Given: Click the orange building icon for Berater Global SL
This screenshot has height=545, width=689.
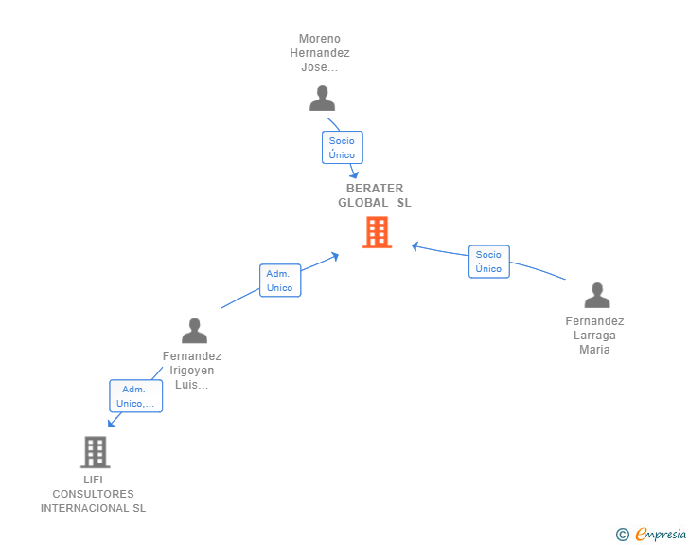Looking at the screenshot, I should [x=377, y=232].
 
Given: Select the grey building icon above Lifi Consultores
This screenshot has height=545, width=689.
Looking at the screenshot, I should [x=95, y=452].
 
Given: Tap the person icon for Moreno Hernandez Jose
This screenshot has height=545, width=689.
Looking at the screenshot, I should [x=323, y=99].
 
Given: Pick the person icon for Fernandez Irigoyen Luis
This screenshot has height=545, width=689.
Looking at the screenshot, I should [x=194, y=331].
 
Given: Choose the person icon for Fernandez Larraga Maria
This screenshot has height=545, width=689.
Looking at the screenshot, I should [x=597, y=296].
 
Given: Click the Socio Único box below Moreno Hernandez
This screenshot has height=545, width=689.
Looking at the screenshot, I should [x=342, y=148].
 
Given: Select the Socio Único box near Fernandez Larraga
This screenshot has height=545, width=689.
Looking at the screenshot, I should [x=488, y=262].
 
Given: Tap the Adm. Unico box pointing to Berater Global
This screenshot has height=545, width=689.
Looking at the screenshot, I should [x=280, y=281].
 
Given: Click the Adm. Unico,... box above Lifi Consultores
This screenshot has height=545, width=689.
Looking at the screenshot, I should [x=136, y=396].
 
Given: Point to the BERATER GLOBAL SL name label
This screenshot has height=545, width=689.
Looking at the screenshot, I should [x=375, y=195].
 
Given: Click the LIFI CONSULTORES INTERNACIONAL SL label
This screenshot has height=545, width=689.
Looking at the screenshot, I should [x=93, y=494].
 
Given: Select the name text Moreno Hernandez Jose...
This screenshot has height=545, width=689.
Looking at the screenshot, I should [x=320, y=53].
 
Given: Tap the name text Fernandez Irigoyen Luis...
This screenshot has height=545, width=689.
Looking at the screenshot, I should [x=192, y=371].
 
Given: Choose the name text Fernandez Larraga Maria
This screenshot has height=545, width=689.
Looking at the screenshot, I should [x=595, y=336].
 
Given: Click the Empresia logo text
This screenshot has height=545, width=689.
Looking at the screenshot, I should [x=660, y=535].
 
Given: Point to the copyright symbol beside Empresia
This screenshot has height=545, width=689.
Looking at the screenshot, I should [x=622, y=535].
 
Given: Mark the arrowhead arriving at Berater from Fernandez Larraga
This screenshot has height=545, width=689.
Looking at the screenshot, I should [x=415, y=246].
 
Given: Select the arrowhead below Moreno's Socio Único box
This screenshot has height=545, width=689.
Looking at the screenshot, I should [x=354, y=173].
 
